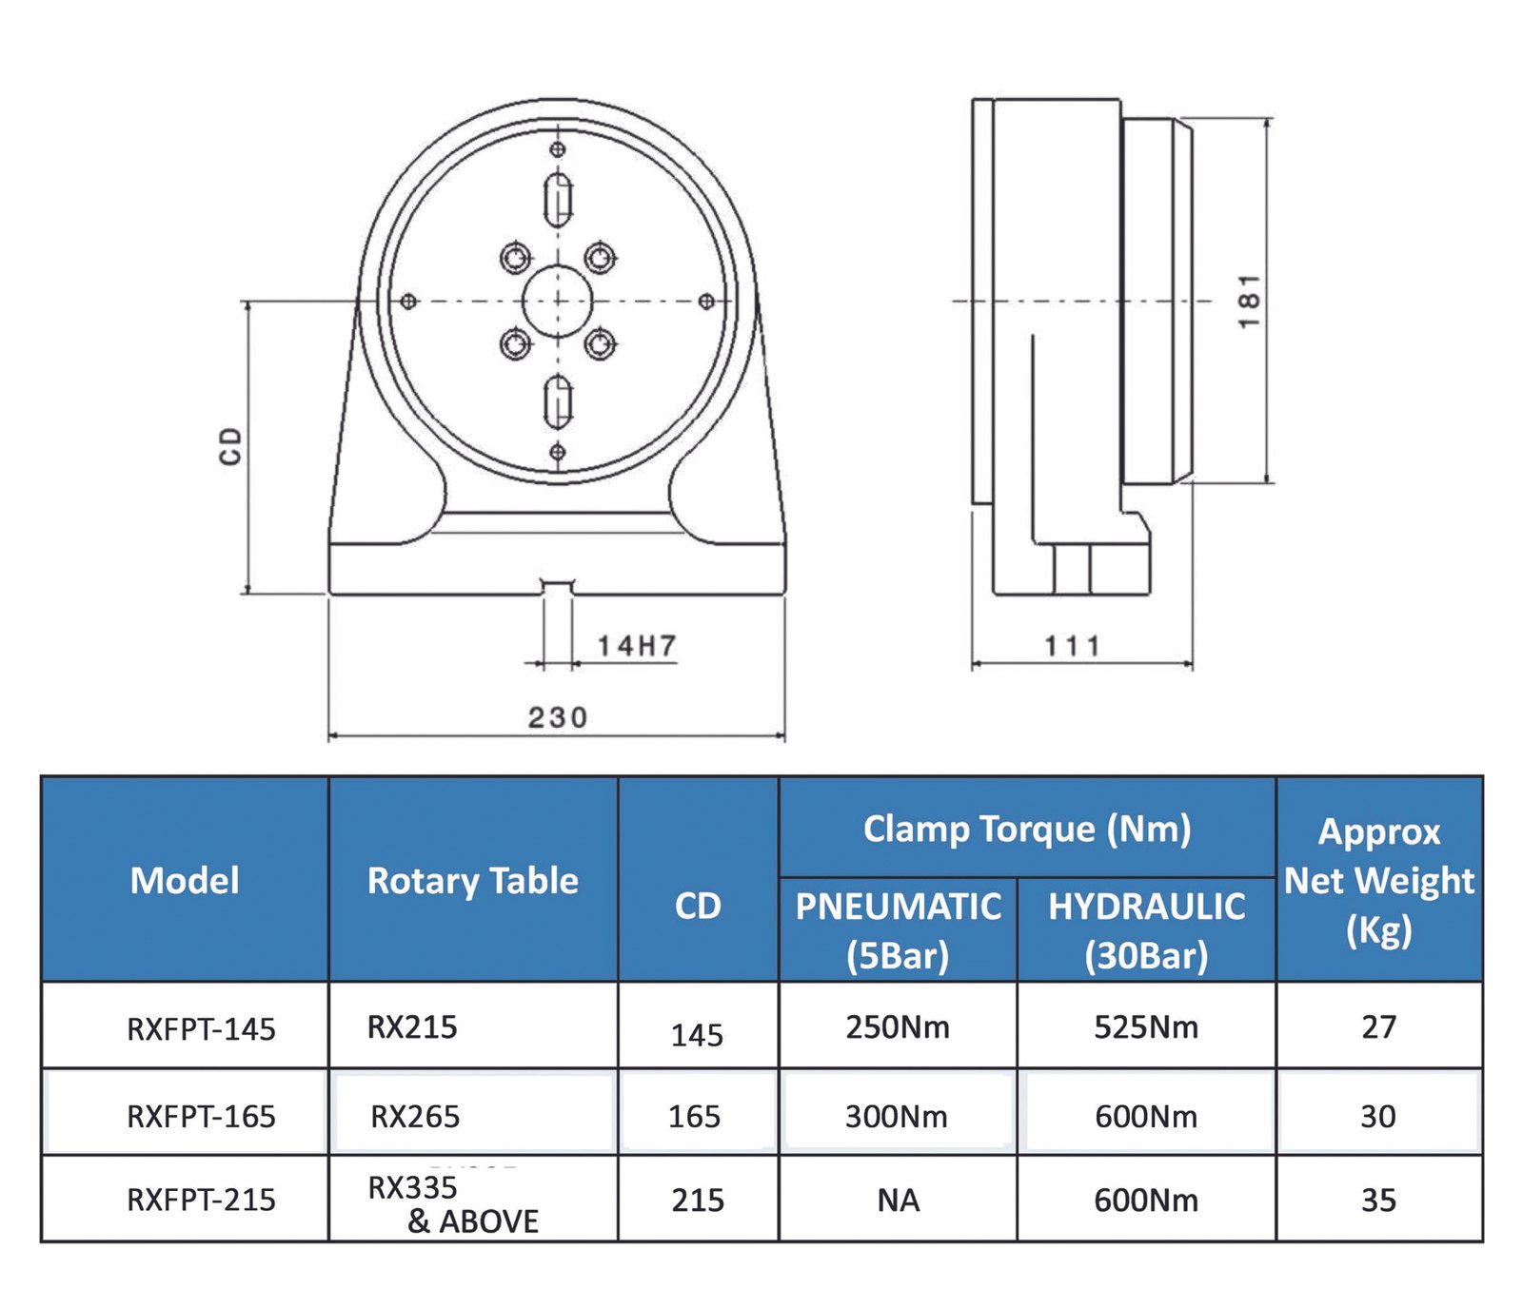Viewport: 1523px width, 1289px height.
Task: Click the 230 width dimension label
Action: (x=558, y=717)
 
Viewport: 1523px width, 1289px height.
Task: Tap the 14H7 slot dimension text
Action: (x=637, y=646)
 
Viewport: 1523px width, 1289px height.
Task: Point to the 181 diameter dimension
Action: (x=1250, y=302)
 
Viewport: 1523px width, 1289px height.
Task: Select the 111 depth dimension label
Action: (x=1073, y=647)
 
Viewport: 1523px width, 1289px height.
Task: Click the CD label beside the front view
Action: (x=230, y=446)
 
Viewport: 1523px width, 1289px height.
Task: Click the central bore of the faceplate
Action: (x=558, y=302)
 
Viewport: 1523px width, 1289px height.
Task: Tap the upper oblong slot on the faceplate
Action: (x=558, y=200)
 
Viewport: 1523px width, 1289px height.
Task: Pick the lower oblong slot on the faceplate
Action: (x=558, y=401)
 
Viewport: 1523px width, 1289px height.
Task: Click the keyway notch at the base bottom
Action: (x=558, y=587)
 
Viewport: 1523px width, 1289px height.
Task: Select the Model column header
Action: (x=185, y=880)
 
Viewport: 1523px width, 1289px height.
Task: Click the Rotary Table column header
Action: (x=473, y=881)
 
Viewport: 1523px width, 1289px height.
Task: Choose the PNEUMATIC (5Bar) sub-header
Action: (x=899, y=930)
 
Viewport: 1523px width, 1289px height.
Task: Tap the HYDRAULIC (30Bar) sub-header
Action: (x=1147, y=930)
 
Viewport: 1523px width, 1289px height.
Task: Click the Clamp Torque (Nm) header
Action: (x=1027, y=829)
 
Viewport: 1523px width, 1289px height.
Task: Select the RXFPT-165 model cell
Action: (x=201, y=1116)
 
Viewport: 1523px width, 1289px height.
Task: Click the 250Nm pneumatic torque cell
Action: (x=898, y=1027)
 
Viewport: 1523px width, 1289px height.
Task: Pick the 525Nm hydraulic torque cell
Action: (x=1146, y=1027)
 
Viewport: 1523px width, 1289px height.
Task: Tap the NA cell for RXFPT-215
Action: (x=899, y=1201)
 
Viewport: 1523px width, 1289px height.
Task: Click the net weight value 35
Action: (x=1378, y=1201)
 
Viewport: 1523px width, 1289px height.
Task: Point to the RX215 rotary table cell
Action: (x=412, y=1027)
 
